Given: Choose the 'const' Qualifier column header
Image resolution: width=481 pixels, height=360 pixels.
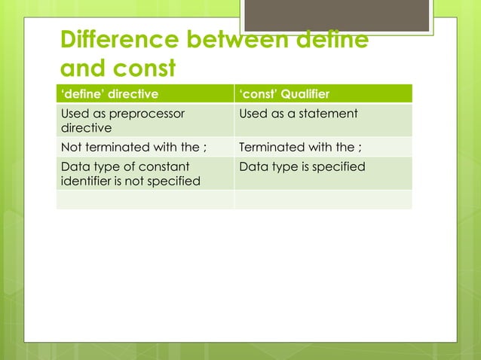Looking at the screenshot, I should pos(283,94).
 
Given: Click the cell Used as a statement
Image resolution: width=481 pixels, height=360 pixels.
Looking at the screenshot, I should pos(299,114).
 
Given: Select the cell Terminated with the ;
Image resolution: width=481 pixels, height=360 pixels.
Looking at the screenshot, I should pos(300,147).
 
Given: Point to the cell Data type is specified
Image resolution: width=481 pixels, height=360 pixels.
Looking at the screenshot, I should pos(302,166).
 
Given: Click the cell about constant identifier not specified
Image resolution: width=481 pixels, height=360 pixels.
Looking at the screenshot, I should pos(130,173).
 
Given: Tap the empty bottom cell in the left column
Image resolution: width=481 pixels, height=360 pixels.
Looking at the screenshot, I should pos(145,200).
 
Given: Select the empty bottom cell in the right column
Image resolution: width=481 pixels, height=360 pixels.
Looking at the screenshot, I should pos(323,200).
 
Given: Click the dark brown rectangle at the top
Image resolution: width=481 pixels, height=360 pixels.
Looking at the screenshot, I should pos(338,15).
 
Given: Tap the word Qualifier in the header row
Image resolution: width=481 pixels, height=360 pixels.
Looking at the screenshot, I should pos(304,94).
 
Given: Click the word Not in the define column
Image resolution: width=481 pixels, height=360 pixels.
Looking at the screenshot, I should pos(70,147).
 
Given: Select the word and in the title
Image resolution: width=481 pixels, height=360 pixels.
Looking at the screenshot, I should pos(81,69).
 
